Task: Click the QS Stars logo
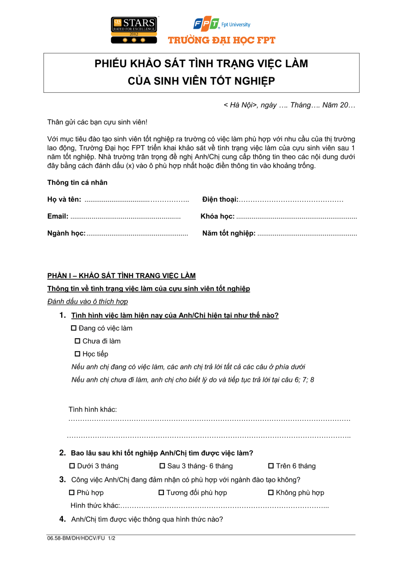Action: [x=134, y=30]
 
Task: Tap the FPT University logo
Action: [x=222, y=24]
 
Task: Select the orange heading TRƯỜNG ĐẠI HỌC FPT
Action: [x=221, y=40]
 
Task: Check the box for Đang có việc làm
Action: [x=74, y=328]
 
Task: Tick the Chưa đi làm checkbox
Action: [x=77, y=341]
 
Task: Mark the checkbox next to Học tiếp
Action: [x=77, y=354]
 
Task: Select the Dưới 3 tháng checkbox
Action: [x=72, y=466]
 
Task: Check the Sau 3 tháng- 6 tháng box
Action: [x=162, y=466]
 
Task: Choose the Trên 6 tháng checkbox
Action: [x=271, y=466]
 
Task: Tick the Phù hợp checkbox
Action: [x=72, y=492]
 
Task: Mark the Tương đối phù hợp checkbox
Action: [x=161, y=492]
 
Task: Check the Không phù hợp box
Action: [x=271, y=492]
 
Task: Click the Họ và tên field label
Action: [x=64, y=199]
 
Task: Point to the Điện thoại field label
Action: [x=220, y=199]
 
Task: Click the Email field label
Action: [x=57, y=216]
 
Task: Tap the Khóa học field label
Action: [x=218, y=216]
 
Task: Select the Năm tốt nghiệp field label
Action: [x=229, y=233]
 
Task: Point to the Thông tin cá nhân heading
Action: [x=77, y=183]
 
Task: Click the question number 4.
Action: [x=62, y=519]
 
